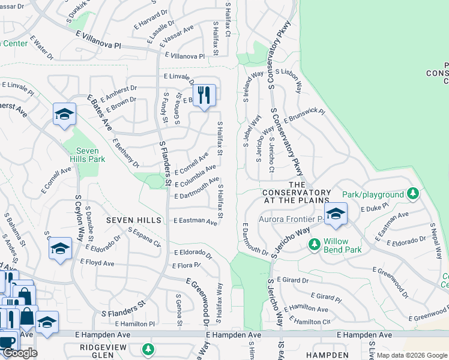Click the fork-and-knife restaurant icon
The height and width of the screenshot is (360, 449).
pyautogui.click(x=204, y=95)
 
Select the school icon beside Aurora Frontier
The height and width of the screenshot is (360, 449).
pyautogui.click(x=336, y=213)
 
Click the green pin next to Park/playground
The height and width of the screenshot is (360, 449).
pyautogui.click(x=412, y=194)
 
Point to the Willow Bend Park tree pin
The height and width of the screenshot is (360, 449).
pyautogui.click(x=313, y=244)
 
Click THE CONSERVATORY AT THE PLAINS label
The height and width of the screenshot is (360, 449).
pyautogui.click(x=298, y=192)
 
